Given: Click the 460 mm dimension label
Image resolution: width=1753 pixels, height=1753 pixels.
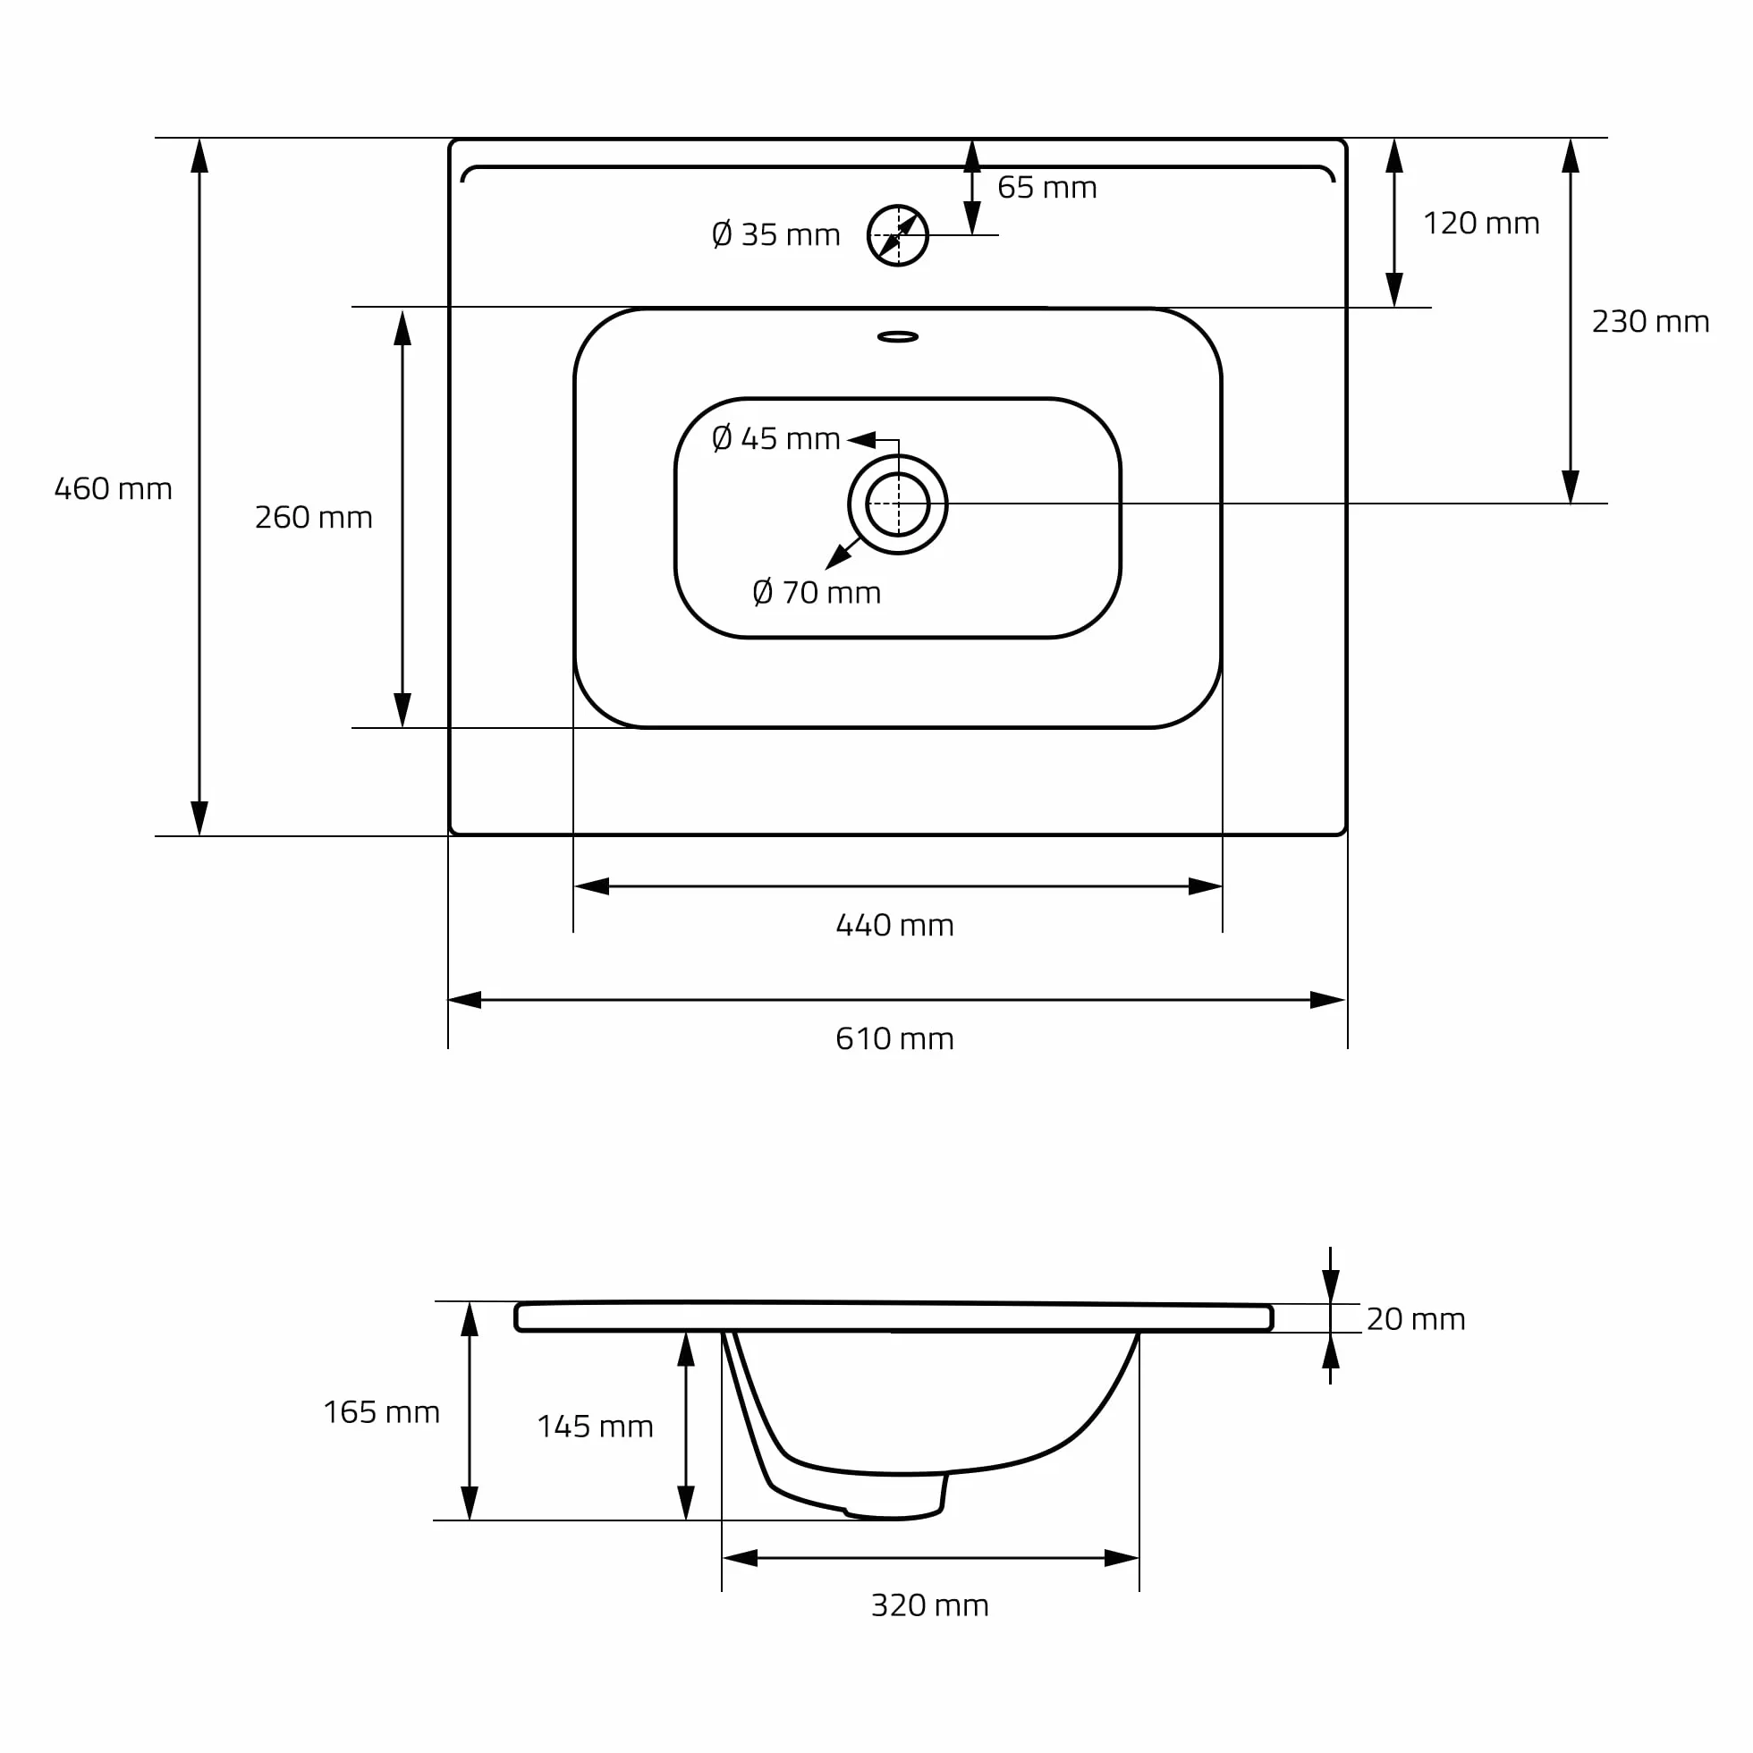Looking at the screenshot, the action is coord(114,489).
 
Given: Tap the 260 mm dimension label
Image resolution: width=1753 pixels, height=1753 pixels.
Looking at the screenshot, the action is coord(314,517).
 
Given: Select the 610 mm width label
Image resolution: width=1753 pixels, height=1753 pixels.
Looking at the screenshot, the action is coord(894,1038).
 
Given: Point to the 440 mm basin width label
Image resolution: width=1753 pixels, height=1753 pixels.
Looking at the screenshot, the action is coord(894,925).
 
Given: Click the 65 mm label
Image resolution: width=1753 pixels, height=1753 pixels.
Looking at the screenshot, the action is coord(1047,187).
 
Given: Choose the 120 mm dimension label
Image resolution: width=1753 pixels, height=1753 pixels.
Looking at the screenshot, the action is coord(1481,223).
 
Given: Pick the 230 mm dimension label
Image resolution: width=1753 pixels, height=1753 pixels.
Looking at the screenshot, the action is coord(1650,321).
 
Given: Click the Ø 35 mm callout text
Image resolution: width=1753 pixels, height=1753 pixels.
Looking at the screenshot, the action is coord(775,234).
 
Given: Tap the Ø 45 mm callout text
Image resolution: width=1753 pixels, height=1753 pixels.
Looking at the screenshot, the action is coord(775,438).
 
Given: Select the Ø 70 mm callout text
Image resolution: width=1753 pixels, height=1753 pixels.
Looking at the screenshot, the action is coord(817,592).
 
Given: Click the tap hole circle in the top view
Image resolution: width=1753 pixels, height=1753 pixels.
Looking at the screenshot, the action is coord(927,236).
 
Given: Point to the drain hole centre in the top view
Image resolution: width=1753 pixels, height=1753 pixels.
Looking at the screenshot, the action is coord(898,504).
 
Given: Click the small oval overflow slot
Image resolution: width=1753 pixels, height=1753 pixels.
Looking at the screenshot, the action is coord(898,336).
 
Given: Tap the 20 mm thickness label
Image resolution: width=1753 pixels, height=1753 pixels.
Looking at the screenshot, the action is coord(1416,1318).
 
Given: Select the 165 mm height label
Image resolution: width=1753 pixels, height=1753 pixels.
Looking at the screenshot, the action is coord(381,1412).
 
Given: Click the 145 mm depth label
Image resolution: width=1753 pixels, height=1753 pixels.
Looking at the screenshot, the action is coord(596,1427).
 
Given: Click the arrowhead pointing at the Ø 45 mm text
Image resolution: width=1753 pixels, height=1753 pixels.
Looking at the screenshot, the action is coord(861,440).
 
